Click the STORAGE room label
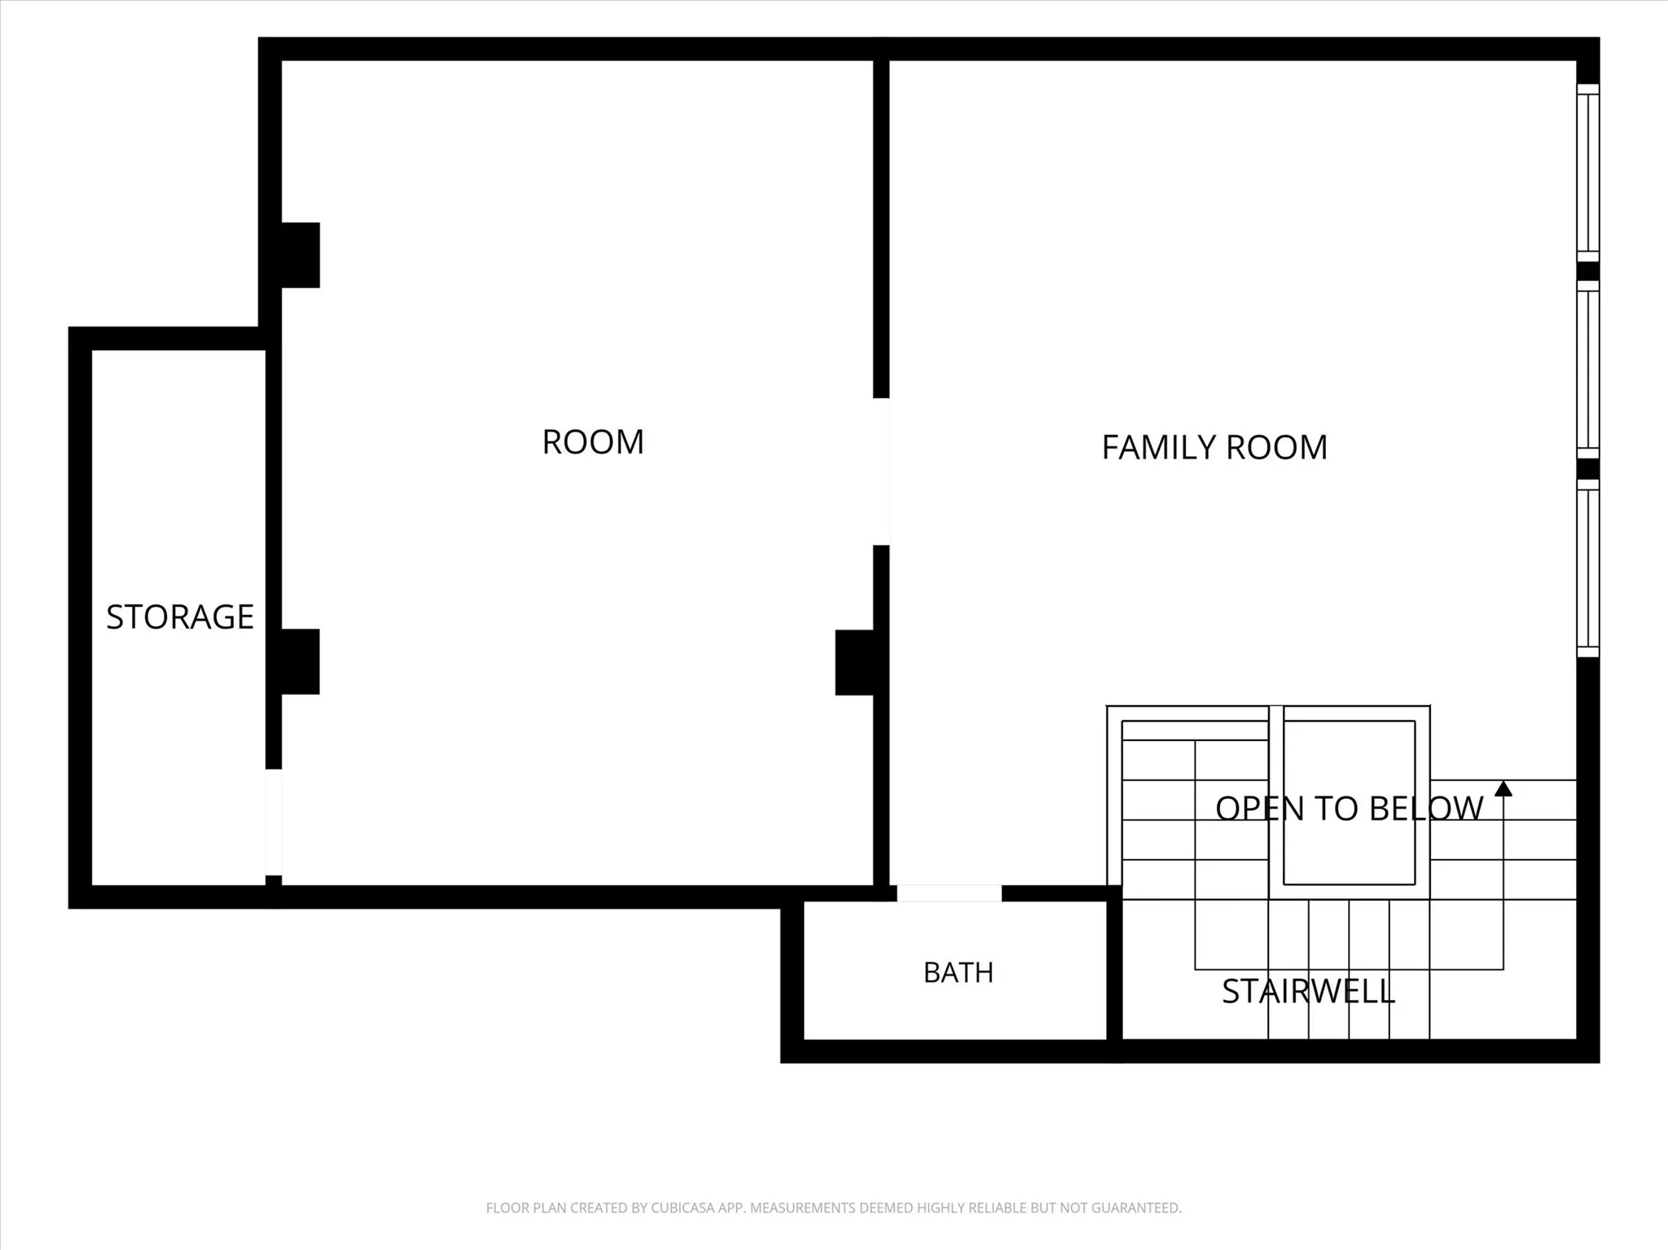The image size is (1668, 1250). click(x=180, y=616)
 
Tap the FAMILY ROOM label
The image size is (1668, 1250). click(x=1214, y=447)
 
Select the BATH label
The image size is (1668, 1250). click(x=959, y=972)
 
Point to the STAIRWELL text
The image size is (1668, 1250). click(x=1308, y=991)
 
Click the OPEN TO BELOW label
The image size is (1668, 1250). click(x=1349, y=808)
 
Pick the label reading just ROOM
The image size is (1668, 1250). click(x=593, y=442)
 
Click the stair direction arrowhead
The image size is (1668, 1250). click(x=1503, y=788)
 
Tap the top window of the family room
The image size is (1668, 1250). click(x=1588, y=173)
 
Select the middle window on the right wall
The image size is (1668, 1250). click(x=1588, y=370)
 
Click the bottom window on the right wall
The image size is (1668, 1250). click(x=1588, y=568)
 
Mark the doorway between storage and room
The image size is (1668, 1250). click(x=274, y=822)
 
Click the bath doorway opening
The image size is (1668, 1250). click(x=949, y=893)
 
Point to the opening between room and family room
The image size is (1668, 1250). click(x=881, y=471)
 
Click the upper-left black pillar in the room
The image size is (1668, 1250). click(x=301, y=255)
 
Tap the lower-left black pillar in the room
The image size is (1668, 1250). click(x=301, y=661)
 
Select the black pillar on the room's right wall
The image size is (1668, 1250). click(x=854, y=663)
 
